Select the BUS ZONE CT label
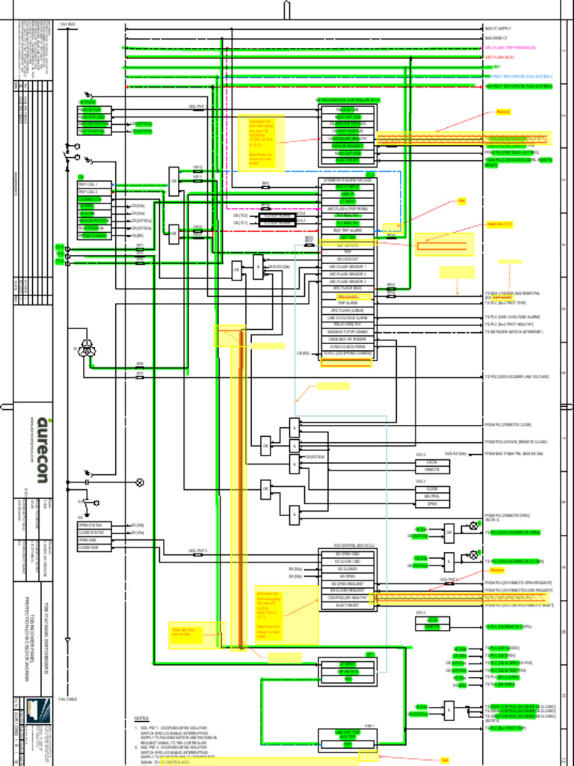[x=497, y=37]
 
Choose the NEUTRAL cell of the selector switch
[x=432, y=497]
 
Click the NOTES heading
[x=141, y=718]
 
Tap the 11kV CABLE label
[x=68, y=699]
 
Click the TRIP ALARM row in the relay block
[x=348, y=303]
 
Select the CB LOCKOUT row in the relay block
[x=348, y=259]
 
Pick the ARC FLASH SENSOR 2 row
[x=348, y=274]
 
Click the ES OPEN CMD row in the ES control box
[x=348, y=554]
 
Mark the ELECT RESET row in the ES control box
[x=348, y=605]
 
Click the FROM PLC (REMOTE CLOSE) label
[x=508, y=425]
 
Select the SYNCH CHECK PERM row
[x=348, y=346]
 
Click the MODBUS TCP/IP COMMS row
[x=348, y=331]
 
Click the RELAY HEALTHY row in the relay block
[x=348, y=325]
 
